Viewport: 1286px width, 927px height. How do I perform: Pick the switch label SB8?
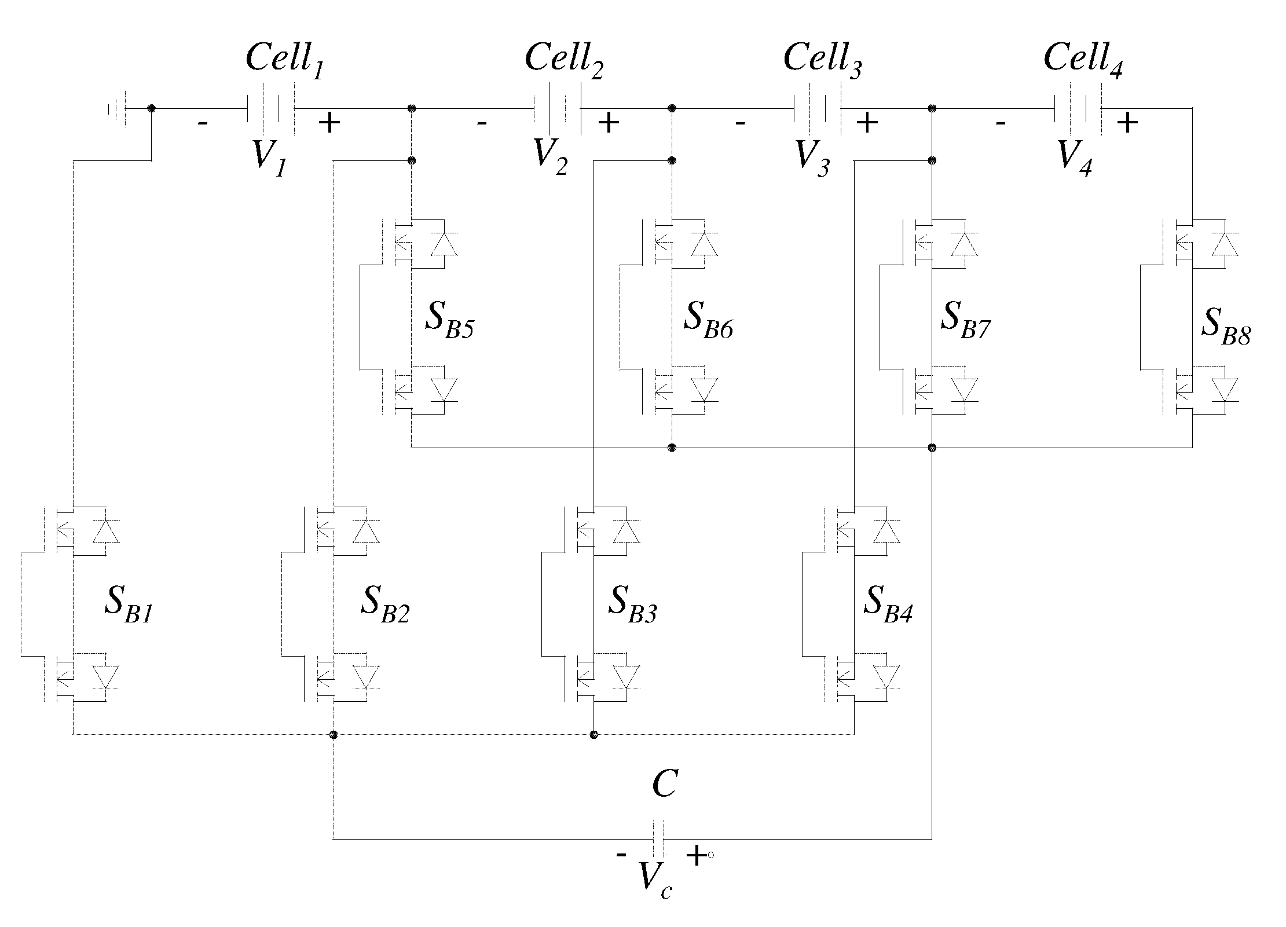(1225, 327)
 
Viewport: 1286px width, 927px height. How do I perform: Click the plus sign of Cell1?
(329, 123)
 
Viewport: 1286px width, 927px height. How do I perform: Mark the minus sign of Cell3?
(739, 123)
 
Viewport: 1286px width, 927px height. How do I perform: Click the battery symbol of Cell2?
(556, 108)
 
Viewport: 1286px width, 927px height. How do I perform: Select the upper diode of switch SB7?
(964, 244)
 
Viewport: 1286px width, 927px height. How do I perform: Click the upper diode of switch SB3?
(626, 531)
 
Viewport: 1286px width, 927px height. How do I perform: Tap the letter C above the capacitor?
(664, 786)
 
